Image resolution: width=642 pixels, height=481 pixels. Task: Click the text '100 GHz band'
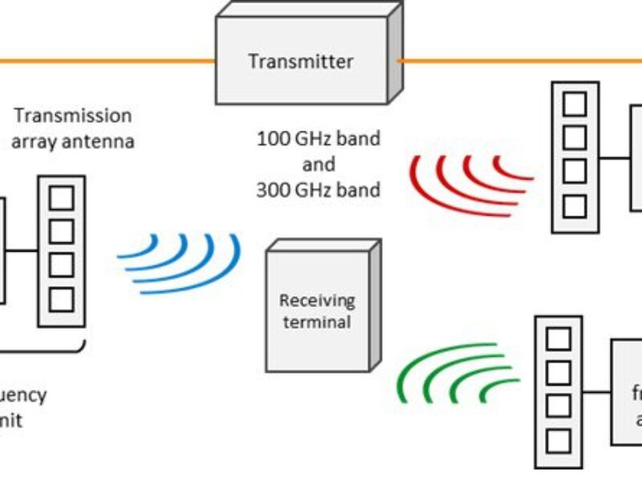(x=318, y=138)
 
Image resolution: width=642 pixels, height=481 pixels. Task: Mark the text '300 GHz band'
(x=318, y=191)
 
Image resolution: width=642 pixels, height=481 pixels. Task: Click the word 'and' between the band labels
(x=318, y=164)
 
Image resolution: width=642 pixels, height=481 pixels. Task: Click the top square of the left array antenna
(x=62, y=197)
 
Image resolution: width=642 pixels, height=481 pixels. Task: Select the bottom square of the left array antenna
(x=62, y=300)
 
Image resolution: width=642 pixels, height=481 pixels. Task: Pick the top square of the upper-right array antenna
(x=575, y=103)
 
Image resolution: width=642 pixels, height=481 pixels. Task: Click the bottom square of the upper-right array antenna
(x=575, y=206)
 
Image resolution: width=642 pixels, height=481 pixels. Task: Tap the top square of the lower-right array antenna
(x=559, y=338)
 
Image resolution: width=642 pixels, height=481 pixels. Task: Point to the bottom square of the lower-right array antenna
(x=559, y=441)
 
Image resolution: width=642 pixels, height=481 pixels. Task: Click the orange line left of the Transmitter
(x=104, y=61)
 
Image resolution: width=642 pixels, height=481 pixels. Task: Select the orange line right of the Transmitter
(x=522, y=60)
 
